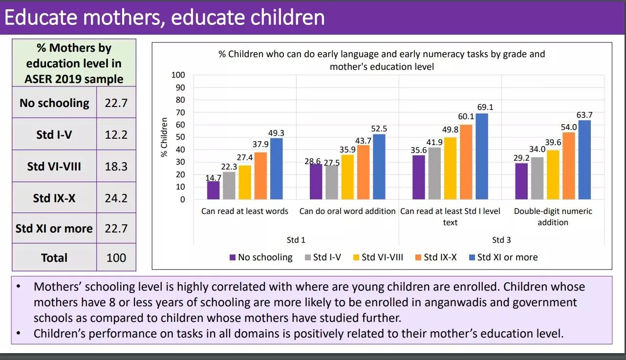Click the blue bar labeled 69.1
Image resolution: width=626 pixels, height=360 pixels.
point(481,156)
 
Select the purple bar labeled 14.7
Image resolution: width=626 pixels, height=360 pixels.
point(214,190)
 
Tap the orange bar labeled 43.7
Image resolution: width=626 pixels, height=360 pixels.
point(363,172)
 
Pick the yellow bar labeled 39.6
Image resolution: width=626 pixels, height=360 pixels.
point(553,174)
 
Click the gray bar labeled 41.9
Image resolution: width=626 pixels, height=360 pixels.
point(434,173)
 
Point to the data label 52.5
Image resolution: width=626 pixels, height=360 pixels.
point(379,129)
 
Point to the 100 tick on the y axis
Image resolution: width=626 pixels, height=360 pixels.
point(178,75)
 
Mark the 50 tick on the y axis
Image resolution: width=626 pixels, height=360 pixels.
point(180,137)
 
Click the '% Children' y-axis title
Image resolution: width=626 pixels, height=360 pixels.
point(165,137)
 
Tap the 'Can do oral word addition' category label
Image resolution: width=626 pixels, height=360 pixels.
point(347,212)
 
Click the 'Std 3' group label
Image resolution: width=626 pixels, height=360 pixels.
point(501,240)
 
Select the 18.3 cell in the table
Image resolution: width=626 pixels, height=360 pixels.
point(116,167)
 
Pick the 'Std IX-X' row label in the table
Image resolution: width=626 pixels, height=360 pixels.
point(54,198)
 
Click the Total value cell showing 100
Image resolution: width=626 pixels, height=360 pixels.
point(116,258)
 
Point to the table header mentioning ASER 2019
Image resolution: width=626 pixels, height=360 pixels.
point(74,64)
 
